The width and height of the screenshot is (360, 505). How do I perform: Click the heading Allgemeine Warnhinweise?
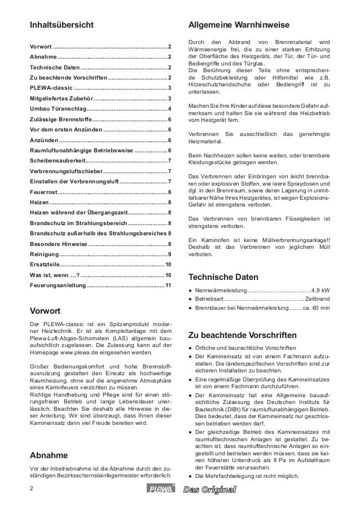[x=239, y=25]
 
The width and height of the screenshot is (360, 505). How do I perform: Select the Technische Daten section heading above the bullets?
[x=223, y=278]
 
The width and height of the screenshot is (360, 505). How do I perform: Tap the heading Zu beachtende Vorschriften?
[x=242, y=334]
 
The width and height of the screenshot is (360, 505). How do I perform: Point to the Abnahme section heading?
[x=49, y=455]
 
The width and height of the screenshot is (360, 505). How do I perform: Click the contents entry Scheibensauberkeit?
[x=59, y=161]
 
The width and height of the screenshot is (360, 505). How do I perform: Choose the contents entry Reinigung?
[x=43, y=254]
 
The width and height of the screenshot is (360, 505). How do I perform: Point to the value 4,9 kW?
[x=321, y=291]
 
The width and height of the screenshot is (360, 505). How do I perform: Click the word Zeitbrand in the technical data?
[x=318, y=299]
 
